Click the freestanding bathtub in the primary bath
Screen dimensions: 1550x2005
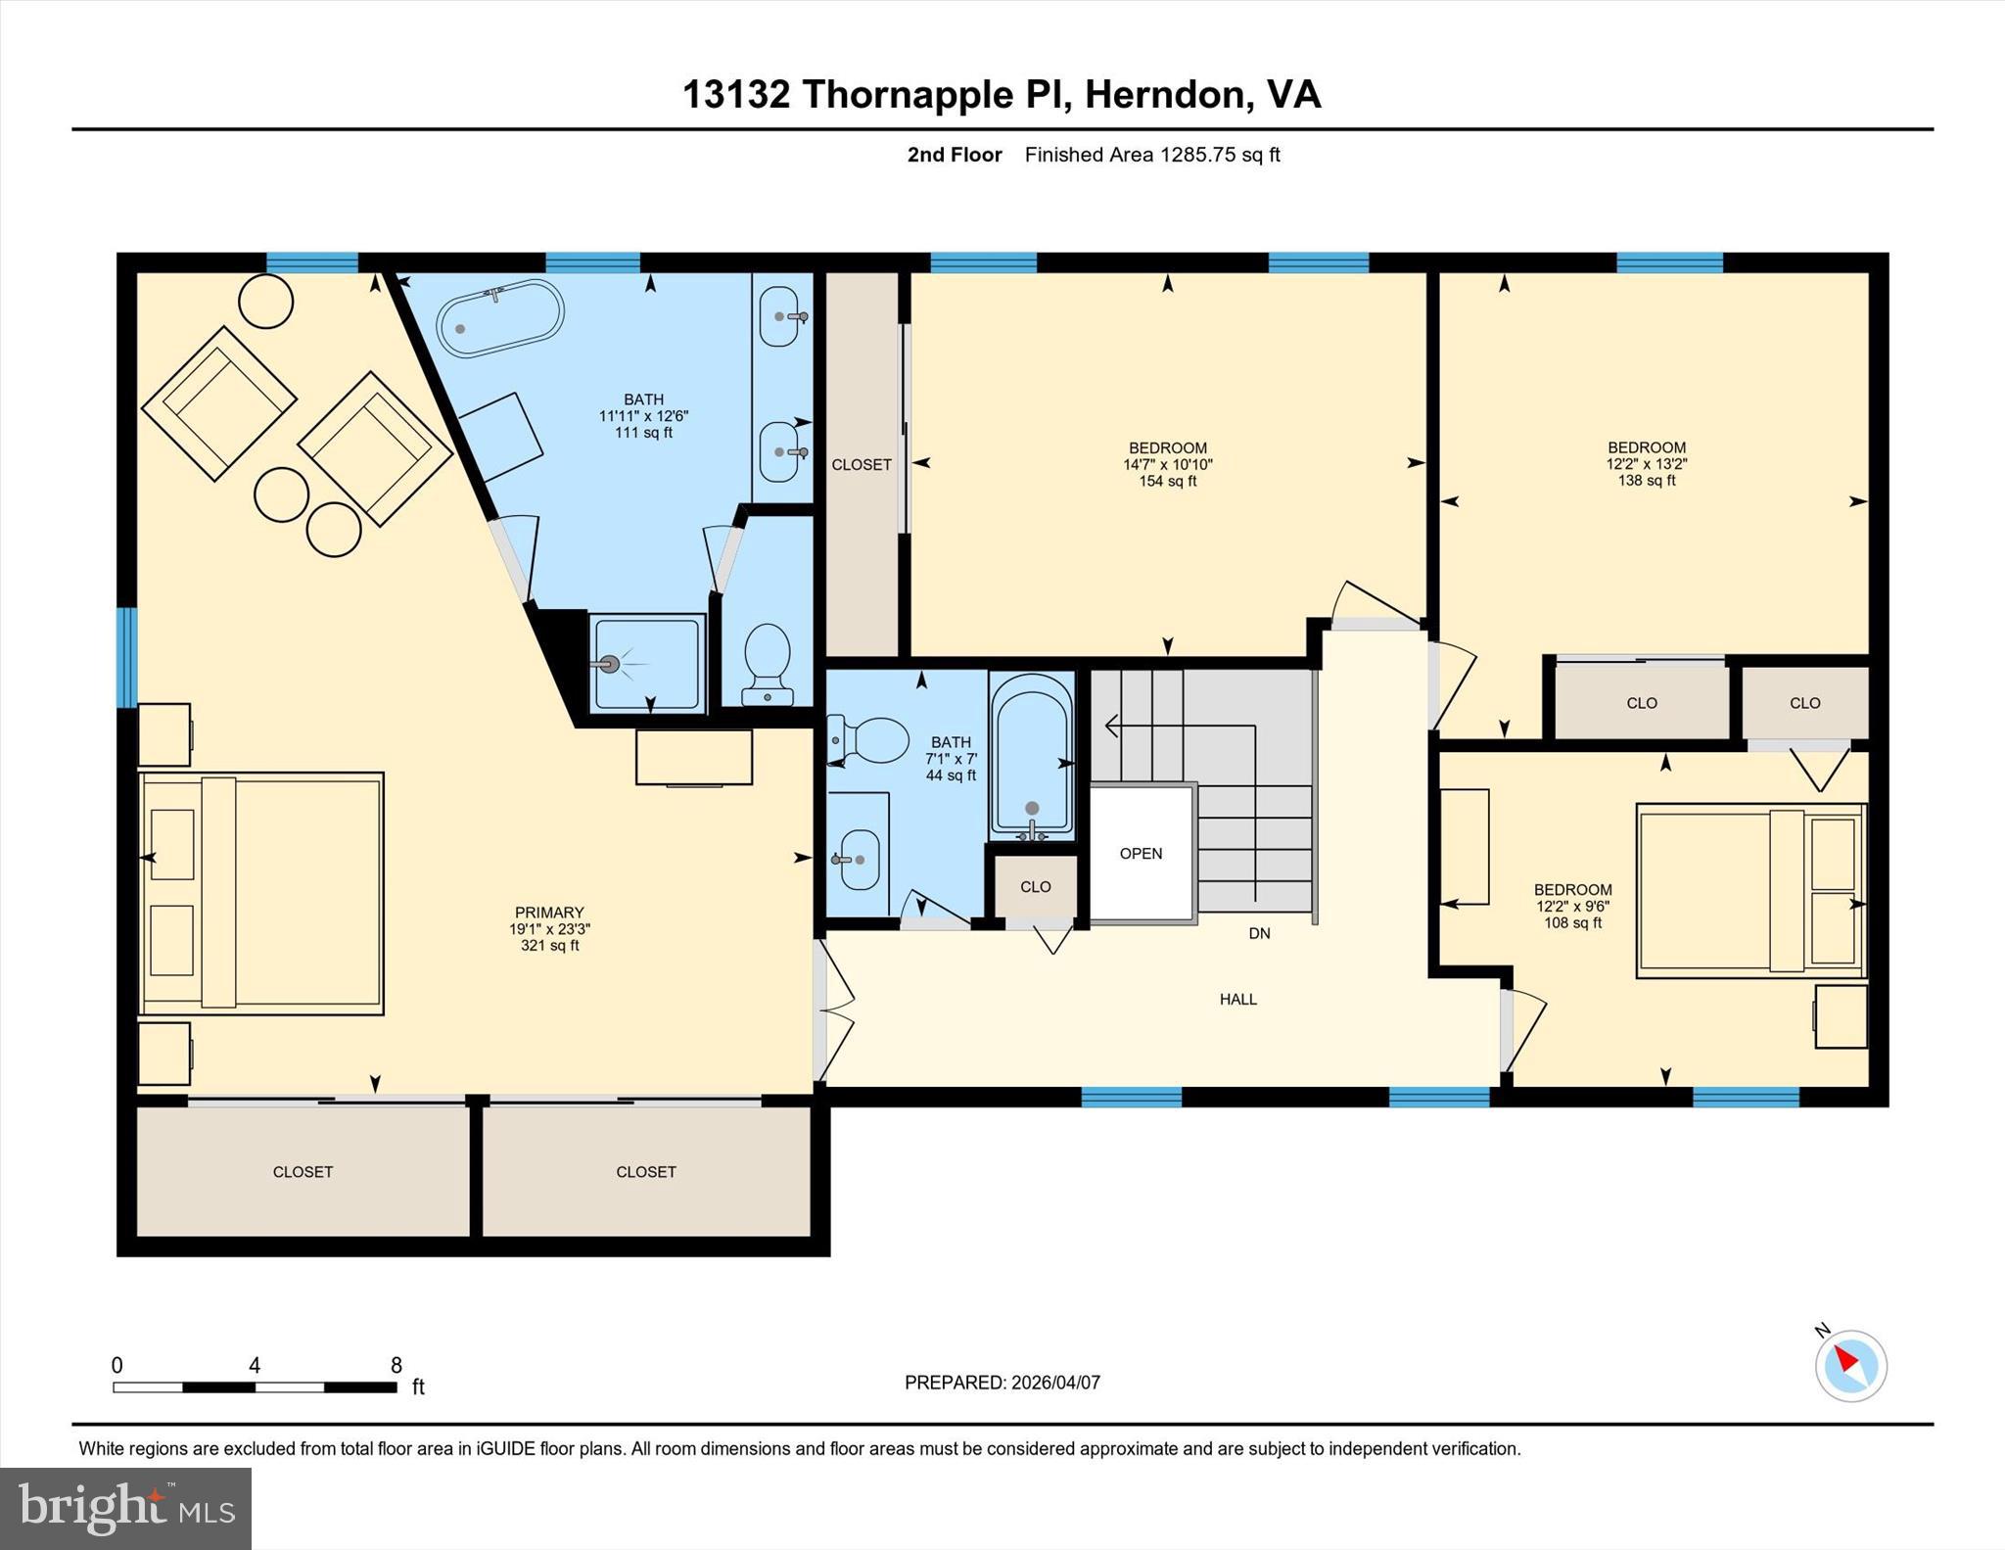(x=499, y=318)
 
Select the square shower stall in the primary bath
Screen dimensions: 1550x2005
(x=647, y=663)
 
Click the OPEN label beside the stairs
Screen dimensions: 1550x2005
(x=1141, y=854)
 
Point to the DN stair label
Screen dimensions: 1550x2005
(x=1259, y=934)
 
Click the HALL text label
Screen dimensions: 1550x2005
(x=1237, y=1000)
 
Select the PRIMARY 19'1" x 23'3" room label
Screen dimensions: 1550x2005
(x=549, y=928)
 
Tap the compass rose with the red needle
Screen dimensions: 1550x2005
(x=1850, y=1366)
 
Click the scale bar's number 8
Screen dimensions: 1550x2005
(x=396, y=1366)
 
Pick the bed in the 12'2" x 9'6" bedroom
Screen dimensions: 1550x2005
(x=1749, y=891)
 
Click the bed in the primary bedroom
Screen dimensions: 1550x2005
(x=261, y=893)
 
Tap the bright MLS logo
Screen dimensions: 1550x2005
(x=125, y=1508)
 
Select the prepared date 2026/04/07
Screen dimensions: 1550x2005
(x=1055, y=1383)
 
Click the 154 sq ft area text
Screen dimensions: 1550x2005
(x=1167, y=482)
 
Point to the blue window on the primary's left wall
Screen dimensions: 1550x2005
(x=126, y=657)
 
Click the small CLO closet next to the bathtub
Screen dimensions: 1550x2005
(x=1035, y=887)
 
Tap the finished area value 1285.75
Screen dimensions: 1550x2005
(x=1197, y=155)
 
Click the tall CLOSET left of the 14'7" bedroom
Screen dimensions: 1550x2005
(x=862, y=464)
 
